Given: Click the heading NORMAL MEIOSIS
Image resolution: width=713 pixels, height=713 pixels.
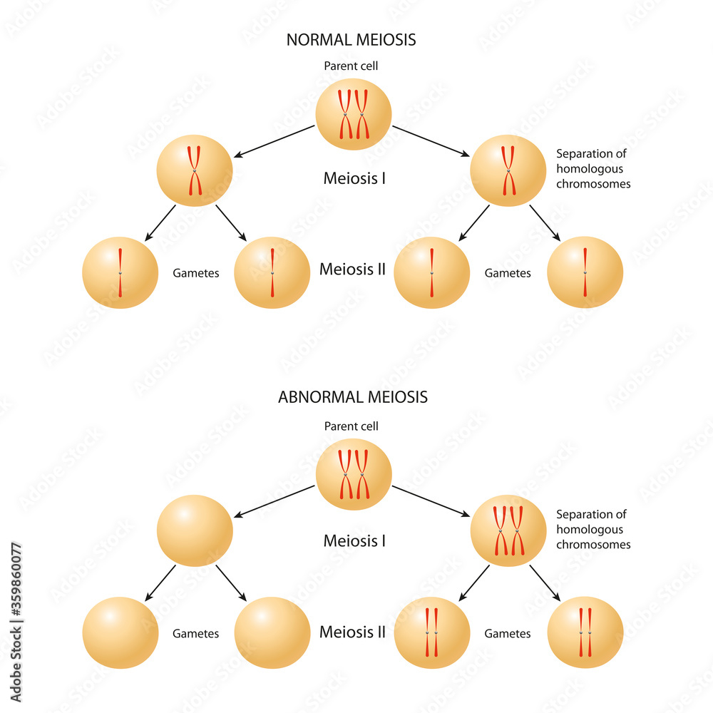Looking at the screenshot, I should pos(351,40).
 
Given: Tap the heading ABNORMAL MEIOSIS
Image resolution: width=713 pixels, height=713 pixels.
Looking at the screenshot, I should pos(352,397).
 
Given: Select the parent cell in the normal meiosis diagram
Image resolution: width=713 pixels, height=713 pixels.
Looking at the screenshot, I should pos(354,115).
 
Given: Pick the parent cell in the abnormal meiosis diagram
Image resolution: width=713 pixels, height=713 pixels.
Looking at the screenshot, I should pos(354,474).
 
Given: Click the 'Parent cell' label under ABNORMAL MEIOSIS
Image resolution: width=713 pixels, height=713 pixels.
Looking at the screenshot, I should pos(351,426).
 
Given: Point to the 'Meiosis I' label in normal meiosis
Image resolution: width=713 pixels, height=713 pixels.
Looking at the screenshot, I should pos(354,178).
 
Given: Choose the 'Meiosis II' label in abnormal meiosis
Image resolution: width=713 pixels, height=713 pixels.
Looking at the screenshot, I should pos(352,632).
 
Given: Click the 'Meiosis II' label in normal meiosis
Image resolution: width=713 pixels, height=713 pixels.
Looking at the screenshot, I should pos(352,270).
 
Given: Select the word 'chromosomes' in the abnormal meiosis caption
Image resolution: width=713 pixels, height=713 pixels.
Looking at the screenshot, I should pos(593,545).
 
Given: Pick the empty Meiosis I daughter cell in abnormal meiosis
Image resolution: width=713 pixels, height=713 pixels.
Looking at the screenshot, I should pos(194,531).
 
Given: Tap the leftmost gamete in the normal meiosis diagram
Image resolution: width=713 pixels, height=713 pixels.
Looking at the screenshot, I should pos(120,273).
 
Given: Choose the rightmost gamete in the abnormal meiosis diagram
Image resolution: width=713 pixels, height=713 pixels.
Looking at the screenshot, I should pos(585,632).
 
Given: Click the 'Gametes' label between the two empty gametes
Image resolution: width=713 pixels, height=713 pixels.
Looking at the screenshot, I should pos(195,633).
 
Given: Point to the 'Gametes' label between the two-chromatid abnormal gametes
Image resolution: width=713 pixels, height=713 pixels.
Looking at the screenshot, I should pos(508,633).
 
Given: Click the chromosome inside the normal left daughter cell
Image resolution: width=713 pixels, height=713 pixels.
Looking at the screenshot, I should pos(194,171).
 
